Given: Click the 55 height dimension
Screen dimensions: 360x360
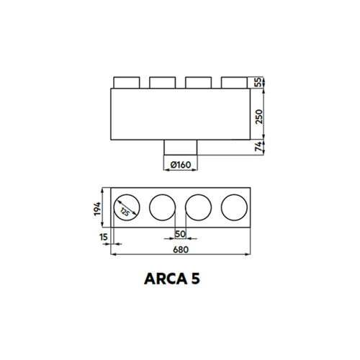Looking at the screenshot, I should click(x=259, y=81).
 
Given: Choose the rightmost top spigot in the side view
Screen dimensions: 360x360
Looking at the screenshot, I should click(x=235, y=81).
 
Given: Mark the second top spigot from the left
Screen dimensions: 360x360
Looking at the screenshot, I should click(x=162, y=81).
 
